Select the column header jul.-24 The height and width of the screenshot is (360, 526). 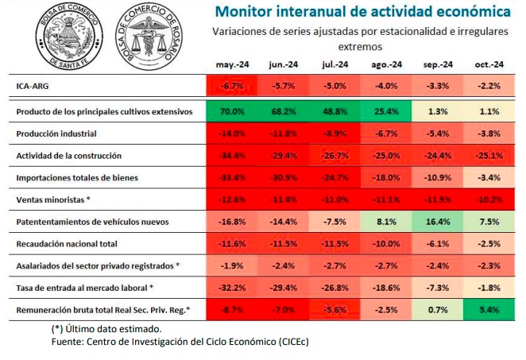tap(335, 64)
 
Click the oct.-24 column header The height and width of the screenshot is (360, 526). tap(488, 64)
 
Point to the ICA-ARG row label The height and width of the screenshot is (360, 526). tap(32, 85)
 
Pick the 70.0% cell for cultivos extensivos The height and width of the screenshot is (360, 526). tap(231, 112)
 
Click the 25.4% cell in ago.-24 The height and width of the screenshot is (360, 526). tap(386, 112)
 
